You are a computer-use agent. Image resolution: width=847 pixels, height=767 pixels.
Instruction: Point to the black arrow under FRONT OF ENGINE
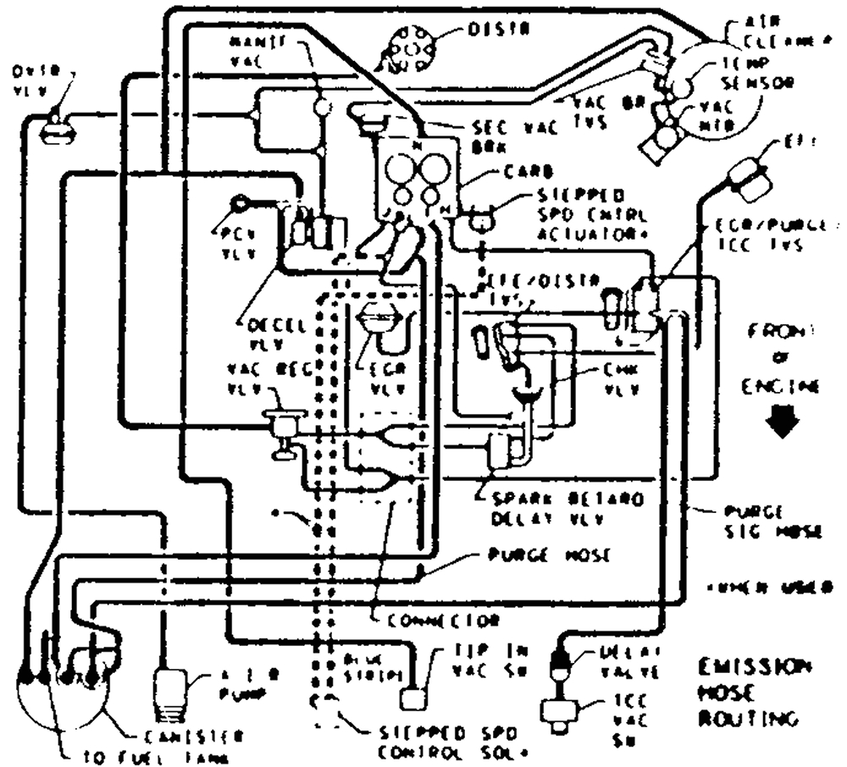pyautogui.click(x=780, y=422)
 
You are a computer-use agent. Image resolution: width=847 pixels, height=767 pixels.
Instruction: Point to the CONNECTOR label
pyautogui.click(x=442, y=621)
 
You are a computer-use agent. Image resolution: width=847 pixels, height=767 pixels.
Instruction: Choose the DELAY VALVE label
pyautogui.click(x=628, y=662)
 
